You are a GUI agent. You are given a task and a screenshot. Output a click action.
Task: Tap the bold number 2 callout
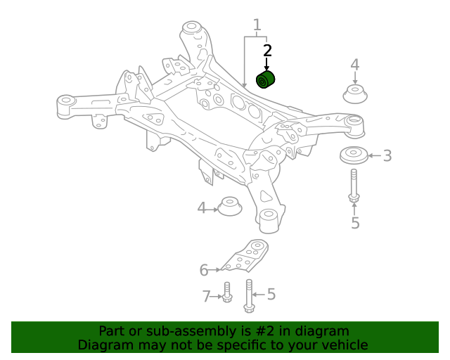point(267,51)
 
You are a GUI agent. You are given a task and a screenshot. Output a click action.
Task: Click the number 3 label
point(387,155)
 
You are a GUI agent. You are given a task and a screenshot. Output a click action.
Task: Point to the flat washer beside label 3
point(353,155)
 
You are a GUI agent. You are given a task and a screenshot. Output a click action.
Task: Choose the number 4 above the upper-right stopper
point(355,65)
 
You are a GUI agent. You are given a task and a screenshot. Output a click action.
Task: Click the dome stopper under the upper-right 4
point(356,94)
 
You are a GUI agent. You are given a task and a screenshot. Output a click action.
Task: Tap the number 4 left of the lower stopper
point(202,208)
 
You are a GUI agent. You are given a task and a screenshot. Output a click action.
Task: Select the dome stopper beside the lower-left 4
point(229,207)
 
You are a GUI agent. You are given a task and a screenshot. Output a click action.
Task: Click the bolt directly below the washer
point(354,186)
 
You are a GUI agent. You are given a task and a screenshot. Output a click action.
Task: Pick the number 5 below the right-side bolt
point(355,223)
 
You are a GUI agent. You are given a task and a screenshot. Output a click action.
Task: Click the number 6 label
point(204,269)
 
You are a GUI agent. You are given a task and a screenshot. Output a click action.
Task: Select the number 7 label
point(207,297)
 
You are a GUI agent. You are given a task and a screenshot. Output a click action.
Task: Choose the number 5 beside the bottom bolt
point(271,295)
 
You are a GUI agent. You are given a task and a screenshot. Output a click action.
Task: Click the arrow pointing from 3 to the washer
point(373,155)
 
